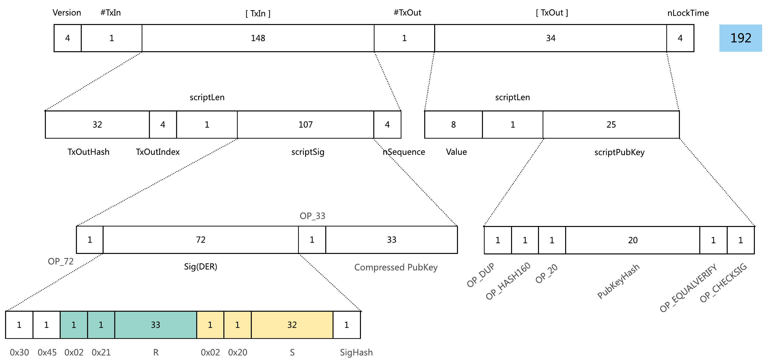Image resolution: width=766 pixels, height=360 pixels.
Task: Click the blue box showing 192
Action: coord(741,38)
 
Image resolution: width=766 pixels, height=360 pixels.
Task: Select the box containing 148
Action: coord(258,38)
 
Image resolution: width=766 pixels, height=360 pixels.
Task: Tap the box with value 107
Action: coord(305,124)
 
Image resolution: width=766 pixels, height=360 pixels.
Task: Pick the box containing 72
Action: coord(201,240)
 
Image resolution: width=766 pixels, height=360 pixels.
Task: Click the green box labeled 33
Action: coord(155,325)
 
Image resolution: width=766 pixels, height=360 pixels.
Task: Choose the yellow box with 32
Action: coord(292,325)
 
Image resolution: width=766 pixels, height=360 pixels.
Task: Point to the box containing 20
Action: coord(633,240)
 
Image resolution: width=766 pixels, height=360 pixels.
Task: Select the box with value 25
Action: coord(611,124)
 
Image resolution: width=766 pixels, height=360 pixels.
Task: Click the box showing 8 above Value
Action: coord(454,124)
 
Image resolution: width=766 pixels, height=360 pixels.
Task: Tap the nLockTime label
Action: coord(688,13)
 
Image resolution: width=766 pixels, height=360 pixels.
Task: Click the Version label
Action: coord(67,12)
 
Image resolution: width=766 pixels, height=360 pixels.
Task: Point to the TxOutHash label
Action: coord(89,152)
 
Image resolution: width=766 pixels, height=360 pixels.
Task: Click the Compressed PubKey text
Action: coord(396,267)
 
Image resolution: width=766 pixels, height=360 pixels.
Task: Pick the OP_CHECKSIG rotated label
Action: coord(723,283)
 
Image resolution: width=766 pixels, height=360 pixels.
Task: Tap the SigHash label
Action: coord(356,352)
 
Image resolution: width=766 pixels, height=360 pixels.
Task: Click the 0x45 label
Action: coord(47,352)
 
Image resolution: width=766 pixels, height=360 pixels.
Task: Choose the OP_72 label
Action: coord(61,261)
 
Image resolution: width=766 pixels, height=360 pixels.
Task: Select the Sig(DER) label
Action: coord(201,267)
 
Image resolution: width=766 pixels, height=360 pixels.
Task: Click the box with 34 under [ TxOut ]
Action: coord(551,38)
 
